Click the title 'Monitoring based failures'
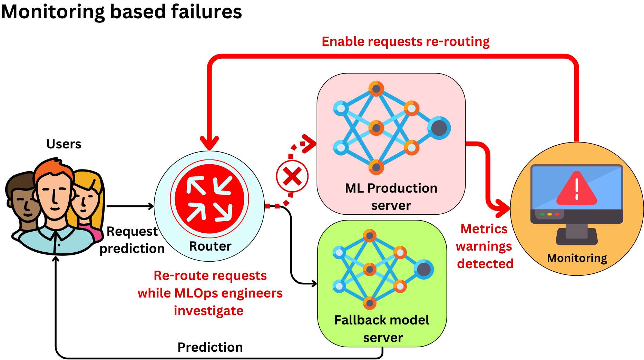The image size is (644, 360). tap(121, 12)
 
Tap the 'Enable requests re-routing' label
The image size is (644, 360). tap(405, 42)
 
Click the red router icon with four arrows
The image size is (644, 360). tap(209, 199)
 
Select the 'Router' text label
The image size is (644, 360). tap(210, 246)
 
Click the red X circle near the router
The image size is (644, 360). tap(292, 176)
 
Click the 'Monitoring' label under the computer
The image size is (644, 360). tap(577, 258)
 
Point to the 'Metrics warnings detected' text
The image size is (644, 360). tap(485, 246)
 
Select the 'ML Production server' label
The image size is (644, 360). tap(391, 196)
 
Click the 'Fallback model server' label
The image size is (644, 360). tap(382, 328)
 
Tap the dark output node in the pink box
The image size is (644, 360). tap(439, 128)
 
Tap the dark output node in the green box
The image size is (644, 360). tap(424, 269)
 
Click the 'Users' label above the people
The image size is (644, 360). tap(64, 144)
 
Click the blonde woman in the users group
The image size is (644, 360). tap(86, 200)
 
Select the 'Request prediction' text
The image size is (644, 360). tap(132, 240)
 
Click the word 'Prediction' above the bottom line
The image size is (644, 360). tap(210, 347)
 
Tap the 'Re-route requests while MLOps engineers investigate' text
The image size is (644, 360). tap(210, 293)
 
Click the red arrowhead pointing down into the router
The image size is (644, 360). tap(209, 143)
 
